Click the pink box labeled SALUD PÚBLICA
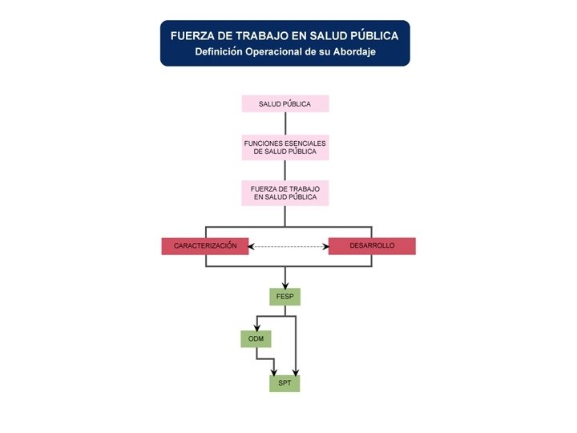coord(285,104)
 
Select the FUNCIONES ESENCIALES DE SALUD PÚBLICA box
coord(285,148)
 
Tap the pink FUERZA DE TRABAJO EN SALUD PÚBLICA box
coord(285,192)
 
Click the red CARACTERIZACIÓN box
coord(205,246)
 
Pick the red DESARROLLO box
coord(372,246)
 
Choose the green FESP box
coord(284,297)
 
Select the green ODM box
coord(256,339)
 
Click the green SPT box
coord(284,383)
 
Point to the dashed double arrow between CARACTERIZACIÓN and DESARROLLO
coord(288,246)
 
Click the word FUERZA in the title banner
coord(195,36)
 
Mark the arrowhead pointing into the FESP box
coord(285,285)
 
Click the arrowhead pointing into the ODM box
coord(256,328)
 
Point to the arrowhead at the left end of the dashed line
coord(252,246)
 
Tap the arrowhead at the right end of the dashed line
coord(325,246)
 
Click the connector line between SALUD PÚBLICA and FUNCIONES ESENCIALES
coord(285,123)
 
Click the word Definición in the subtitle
coord(220,52)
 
